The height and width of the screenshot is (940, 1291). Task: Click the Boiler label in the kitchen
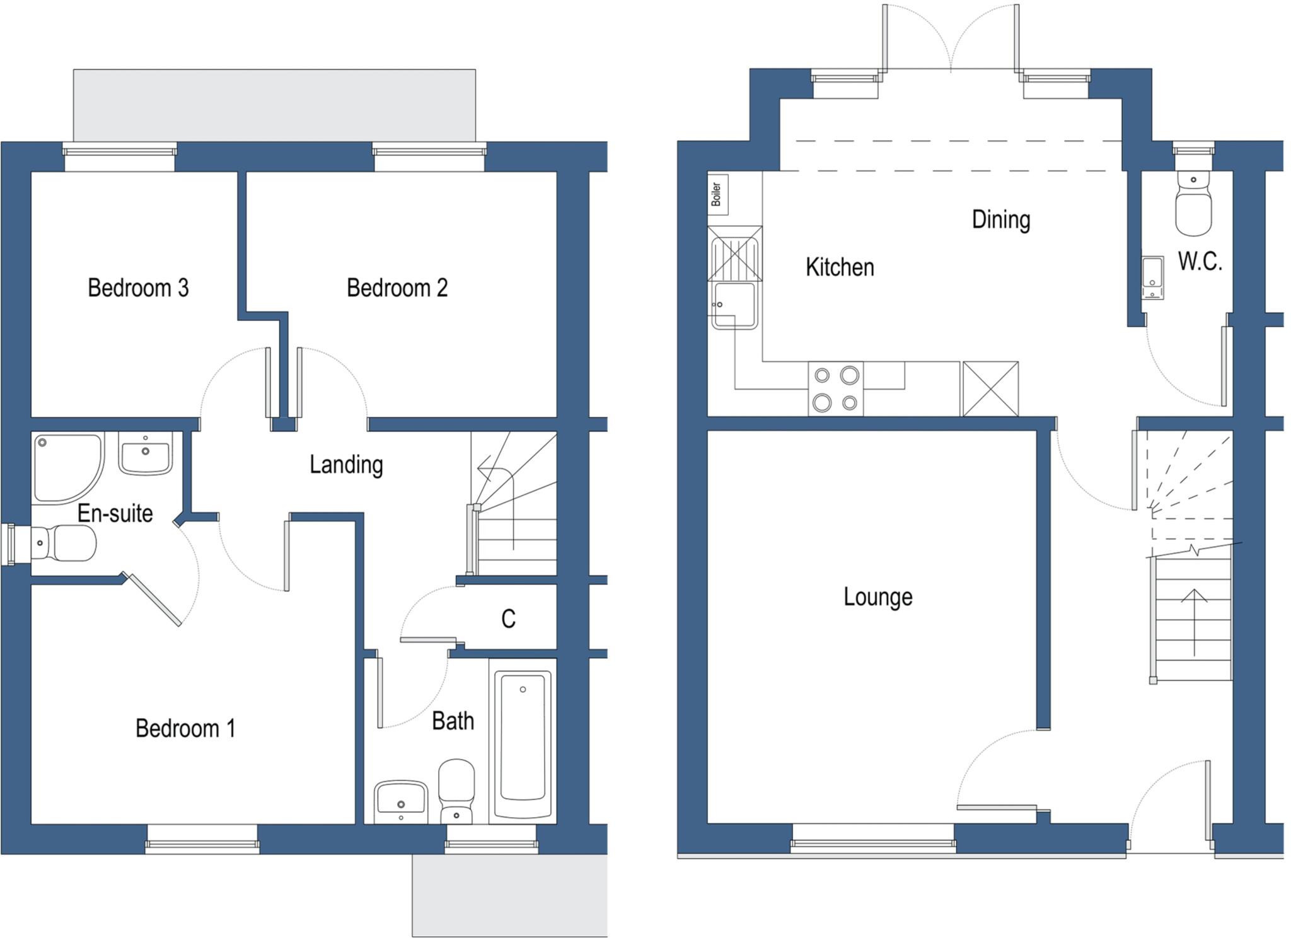(717, 194)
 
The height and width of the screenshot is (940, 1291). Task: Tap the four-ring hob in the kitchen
(835, 388)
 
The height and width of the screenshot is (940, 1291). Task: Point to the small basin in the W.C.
(1152, 277)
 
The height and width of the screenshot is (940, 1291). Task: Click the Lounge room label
(877, 596)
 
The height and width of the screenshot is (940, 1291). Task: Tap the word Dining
(1000, 219)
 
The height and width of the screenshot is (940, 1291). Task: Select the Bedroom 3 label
(138, 287)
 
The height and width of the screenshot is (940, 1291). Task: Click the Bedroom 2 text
(397, 287)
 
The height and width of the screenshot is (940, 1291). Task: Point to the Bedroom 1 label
(185, 728)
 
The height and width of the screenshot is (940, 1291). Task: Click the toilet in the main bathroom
(456, 791)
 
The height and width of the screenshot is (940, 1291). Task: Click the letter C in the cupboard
(508, 618)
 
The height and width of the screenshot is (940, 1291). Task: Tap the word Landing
(346, 465)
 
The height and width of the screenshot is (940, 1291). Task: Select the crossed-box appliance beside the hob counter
(990, 388)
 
